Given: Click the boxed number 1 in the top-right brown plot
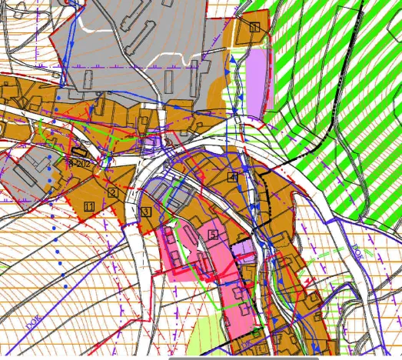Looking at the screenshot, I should [254, 28].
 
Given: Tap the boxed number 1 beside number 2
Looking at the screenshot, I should [89, 206].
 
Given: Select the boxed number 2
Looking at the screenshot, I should [112, 193].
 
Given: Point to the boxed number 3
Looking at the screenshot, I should [145, 212].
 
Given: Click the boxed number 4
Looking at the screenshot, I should [232, 176].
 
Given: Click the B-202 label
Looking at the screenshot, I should [79, 163].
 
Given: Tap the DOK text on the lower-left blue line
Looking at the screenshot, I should [34, 322].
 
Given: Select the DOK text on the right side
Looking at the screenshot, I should [359, 250].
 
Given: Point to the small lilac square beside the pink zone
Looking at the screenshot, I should [244, 250].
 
